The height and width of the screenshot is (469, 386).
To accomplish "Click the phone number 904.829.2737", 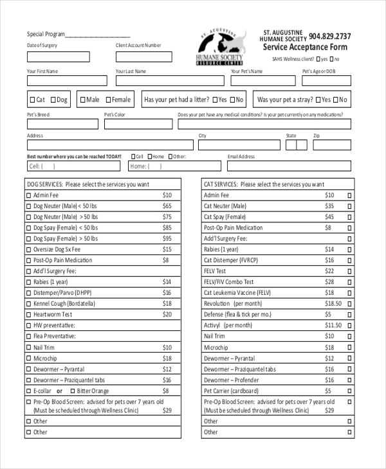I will pyautogui.click(x=329, y=37).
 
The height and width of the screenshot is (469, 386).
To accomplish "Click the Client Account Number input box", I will pyautogui.click(x=143, y=57).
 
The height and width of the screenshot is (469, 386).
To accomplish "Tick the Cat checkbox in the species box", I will pyautogui.click(x=32, y=100).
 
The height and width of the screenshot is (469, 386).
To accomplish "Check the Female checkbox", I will pyautogui.click(x=108, y=100).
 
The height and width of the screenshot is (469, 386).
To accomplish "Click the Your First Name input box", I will pyautogui.click(x=67, y=81).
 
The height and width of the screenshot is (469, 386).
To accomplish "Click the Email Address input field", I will pyautogui.click(x=289, y=166).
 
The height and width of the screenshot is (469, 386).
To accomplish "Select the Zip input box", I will pyautogui.click(x=332, y=145).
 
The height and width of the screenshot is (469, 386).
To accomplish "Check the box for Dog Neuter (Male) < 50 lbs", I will pyautogui.click(x=28, y=206).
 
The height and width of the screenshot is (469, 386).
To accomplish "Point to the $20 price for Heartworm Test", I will pyautogui.click(x=167, y=314).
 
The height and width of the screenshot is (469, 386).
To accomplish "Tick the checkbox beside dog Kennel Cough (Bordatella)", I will pyautogui.click(x=28, y=303).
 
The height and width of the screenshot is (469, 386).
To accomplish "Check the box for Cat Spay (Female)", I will pyautogui.click(x=350, y=217).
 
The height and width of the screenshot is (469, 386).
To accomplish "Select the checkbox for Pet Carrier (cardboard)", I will pyautogui.click(x=350, y=391).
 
